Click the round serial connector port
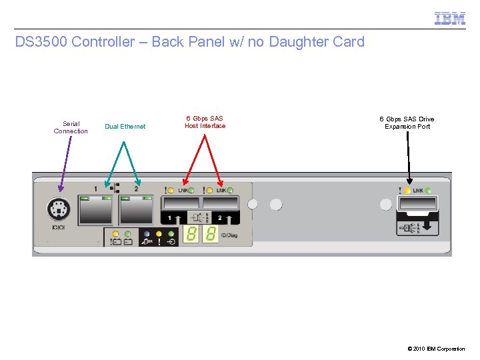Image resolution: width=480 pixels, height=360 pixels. point(59,211)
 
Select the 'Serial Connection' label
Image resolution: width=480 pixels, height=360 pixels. point(71,127)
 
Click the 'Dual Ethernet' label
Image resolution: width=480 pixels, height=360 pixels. point(125,127)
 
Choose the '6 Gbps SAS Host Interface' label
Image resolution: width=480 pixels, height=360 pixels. point(205,122)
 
